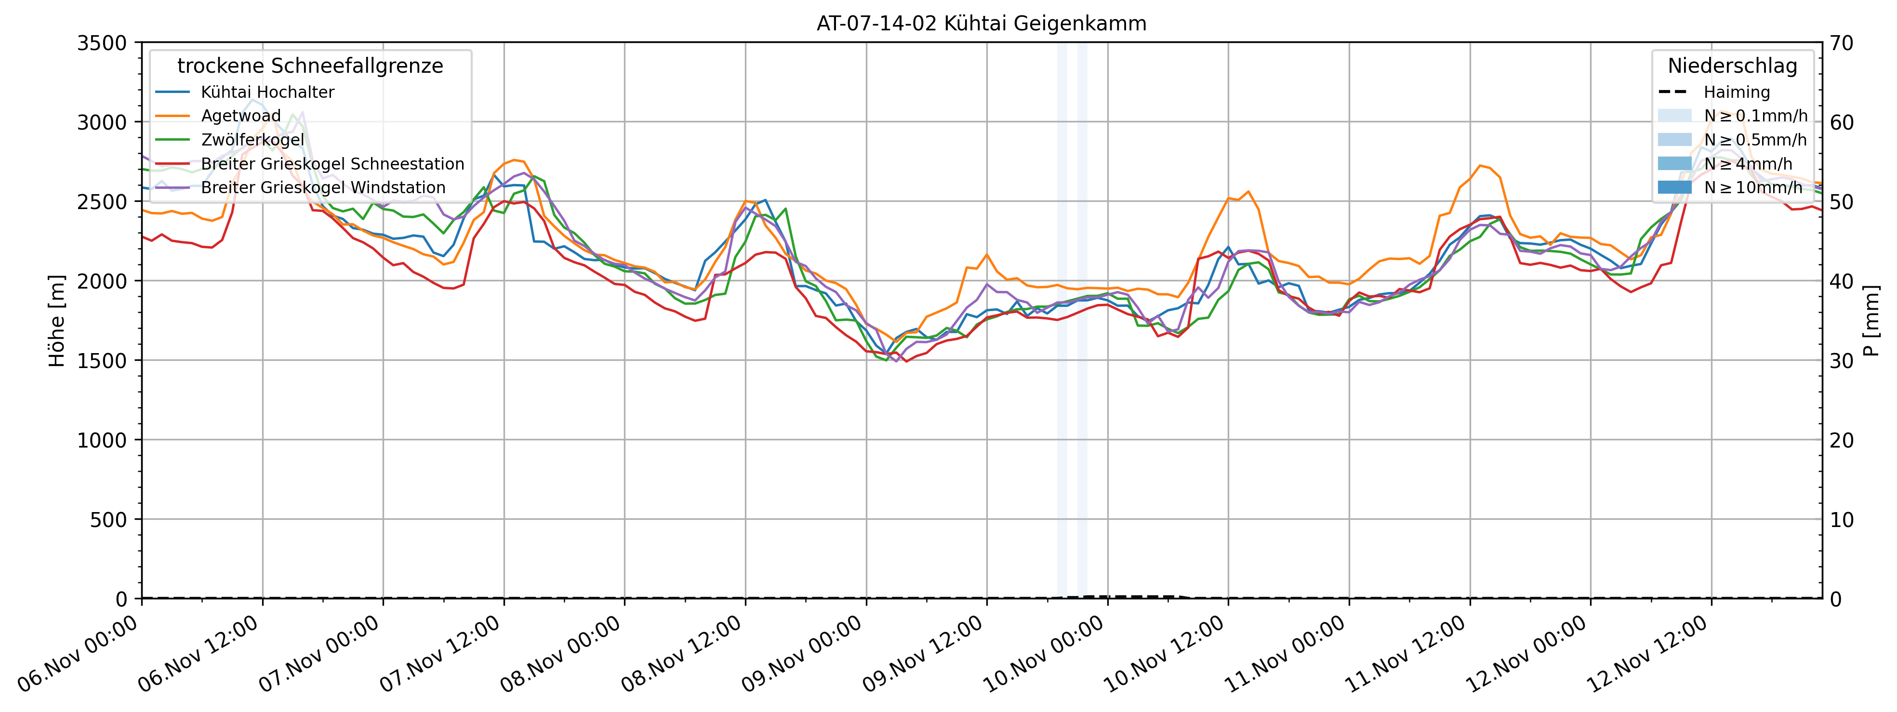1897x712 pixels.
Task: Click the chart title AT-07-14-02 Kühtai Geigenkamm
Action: [x=981, y=24]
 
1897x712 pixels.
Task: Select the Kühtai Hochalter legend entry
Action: [x=267, y=92]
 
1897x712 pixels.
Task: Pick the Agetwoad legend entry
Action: [x=241, y=116]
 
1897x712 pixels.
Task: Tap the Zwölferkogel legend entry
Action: [x=252, y=140]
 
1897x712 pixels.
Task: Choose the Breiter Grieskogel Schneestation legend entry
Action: [x=332, y=163]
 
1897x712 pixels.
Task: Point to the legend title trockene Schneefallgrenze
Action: [x=310, y=66]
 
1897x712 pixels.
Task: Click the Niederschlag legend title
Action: [x=1732, y=66]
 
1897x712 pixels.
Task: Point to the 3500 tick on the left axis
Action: [x=102, y=43]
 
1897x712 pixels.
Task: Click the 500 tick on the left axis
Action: [x=108, y=520]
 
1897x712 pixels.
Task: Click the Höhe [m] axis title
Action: [x=57, y=321]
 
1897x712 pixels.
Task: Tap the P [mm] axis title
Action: [x=1871, y=321]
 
